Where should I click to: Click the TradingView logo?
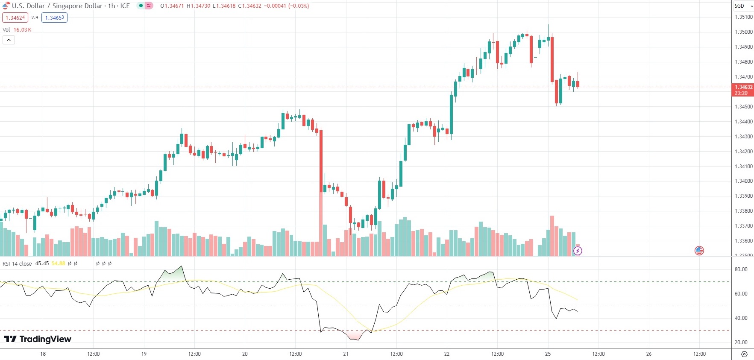pos(38,339)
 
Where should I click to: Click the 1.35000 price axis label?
pos(743,32)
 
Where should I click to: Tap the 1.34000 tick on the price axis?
pos(743,181)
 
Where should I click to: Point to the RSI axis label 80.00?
pos(741,269)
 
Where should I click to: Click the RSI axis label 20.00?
pos(741,342)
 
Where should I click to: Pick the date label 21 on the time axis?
pos(346,354)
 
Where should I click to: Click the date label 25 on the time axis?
pos(548,354)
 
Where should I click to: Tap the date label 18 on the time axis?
pos(43,354)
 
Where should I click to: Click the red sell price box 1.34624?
pos(15,18)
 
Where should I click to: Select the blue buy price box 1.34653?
pos(54,18)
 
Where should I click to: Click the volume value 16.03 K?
pos(22,30)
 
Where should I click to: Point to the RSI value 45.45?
pos(42,263)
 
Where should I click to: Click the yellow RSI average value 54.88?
pos(58,263)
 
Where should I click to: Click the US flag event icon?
pos(699,251)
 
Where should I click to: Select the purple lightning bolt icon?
pos(578,251)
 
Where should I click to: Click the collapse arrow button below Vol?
pos(9,40)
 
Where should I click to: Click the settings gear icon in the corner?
pos(744,354)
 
